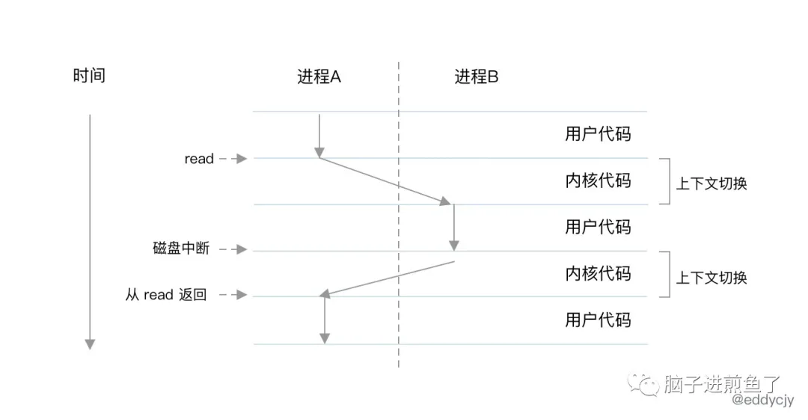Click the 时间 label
89,76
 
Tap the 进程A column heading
319,76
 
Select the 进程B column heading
476,76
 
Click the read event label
199,159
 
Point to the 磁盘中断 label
181,249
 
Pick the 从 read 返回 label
165,295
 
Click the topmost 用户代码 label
598,134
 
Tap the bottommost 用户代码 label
598,320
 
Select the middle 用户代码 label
598,227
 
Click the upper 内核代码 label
598,180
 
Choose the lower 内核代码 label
598,273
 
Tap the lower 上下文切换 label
711,277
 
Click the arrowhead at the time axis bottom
90,344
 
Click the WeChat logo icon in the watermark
644,384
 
